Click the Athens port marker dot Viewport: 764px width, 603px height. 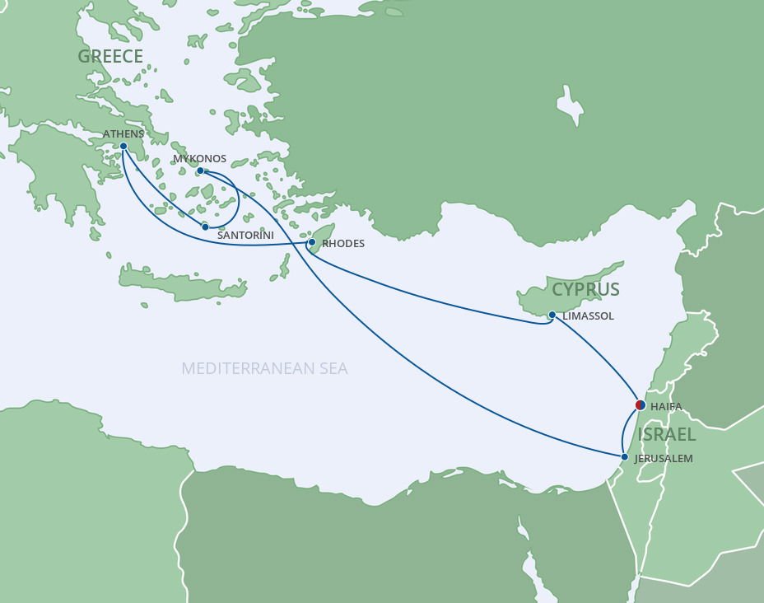point(123,146)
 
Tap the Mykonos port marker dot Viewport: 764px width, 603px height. point(200,171)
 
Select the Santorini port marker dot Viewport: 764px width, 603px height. point(205,227)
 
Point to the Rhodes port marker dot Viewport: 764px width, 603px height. point(311,242)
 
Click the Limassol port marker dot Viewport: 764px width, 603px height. point(552,315)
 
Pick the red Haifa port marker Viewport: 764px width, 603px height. point(641,404)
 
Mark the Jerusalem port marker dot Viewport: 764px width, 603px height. point(625,457)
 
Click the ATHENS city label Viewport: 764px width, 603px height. point(123,134)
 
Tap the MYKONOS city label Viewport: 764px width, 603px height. point(199,159)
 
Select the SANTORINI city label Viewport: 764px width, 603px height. point(245,236)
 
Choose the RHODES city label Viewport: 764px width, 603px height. point(343,244)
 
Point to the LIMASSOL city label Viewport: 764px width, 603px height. point(589,316)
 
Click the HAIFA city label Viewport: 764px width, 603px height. point(666,407)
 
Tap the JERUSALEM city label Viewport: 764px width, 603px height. point(664,459)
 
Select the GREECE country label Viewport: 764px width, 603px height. point(110,56)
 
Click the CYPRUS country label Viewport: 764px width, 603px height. point(585,289)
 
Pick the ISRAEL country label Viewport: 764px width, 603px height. point(667,434)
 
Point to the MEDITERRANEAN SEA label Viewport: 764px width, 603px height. point(264,368)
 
